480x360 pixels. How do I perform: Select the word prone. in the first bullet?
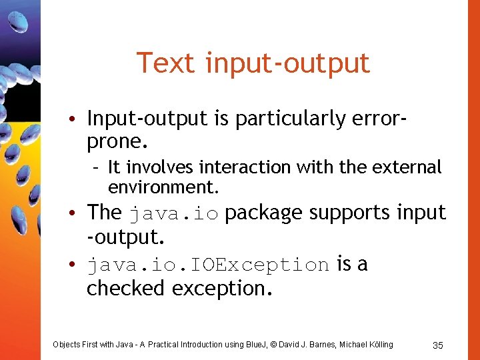pos(117,142)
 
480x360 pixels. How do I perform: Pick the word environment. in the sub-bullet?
pos(163,186)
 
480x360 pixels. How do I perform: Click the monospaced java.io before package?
pos(173,214)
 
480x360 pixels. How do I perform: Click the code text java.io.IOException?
pos(208,265)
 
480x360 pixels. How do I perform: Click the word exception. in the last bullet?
pos(223,289)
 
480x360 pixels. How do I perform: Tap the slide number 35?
pos(438,345)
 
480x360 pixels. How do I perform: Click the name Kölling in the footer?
pos(377,345)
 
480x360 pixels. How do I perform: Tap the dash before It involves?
pos(97,167)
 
